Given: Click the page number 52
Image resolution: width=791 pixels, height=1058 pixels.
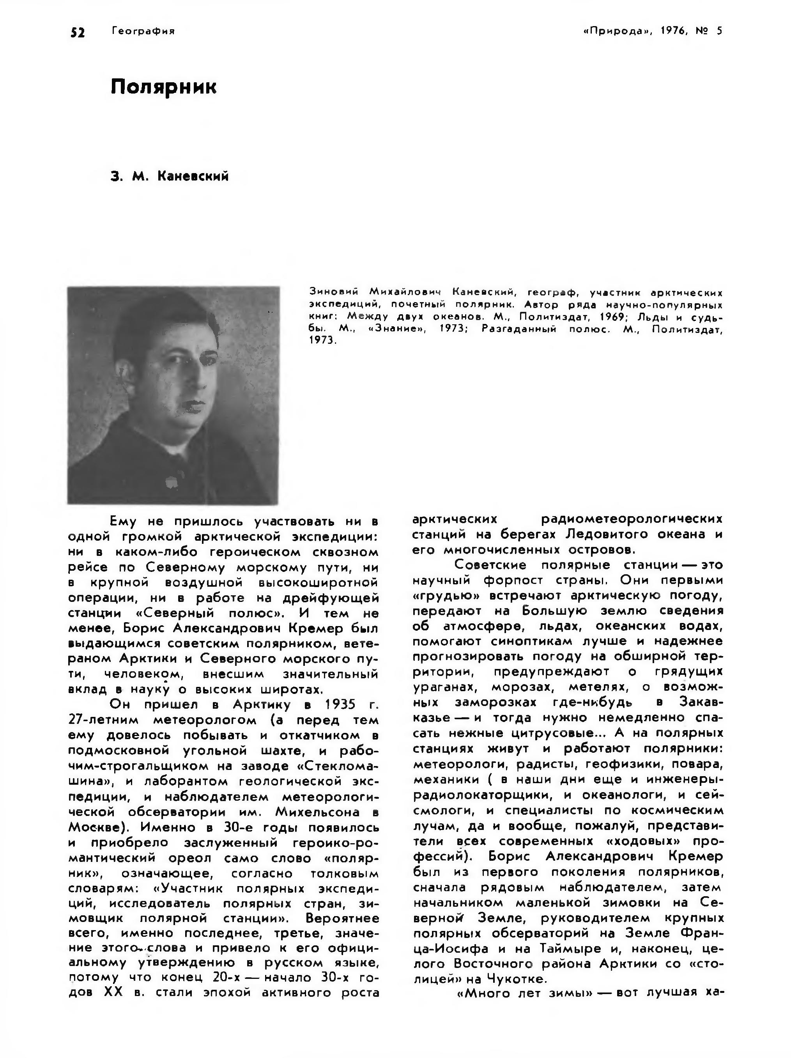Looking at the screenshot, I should [78, 32].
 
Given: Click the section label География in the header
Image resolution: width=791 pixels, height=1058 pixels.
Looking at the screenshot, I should [143, 32].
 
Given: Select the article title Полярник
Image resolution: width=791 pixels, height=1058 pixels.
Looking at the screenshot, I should [164, 87].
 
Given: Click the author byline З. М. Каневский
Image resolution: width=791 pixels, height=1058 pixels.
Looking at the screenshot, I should [169, 177].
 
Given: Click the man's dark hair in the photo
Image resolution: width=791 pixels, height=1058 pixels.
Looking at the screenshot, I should [158, 325].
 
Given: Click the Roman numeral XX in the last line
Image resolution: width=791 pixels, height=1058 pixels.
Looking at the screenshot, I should [113, 992].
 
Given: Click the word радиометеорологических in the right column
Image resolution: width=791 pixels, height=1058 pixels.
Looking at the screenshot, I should [631, 519].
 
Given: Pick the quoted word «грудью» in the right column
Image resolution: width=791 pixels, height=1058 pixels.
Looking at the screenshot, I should [445, 596].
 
